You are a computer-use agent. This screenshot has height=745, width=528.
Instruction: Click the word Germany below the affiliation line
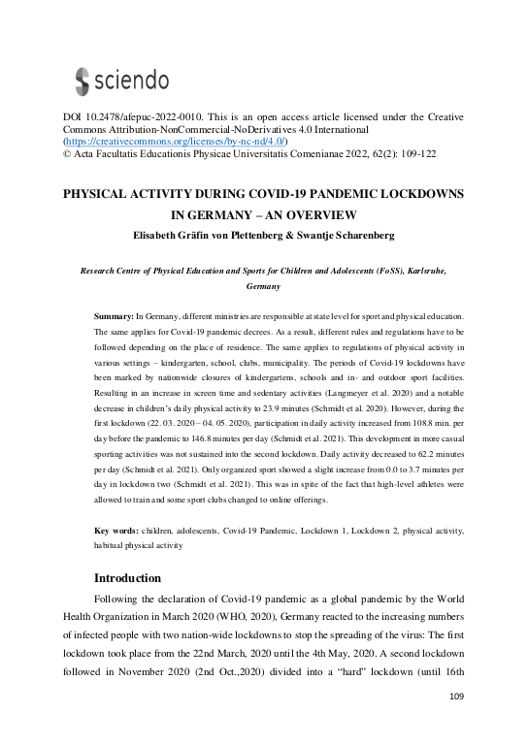[263, 288]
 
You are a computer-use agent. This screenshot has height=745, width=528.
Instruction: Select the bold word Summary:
[114, 316]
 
